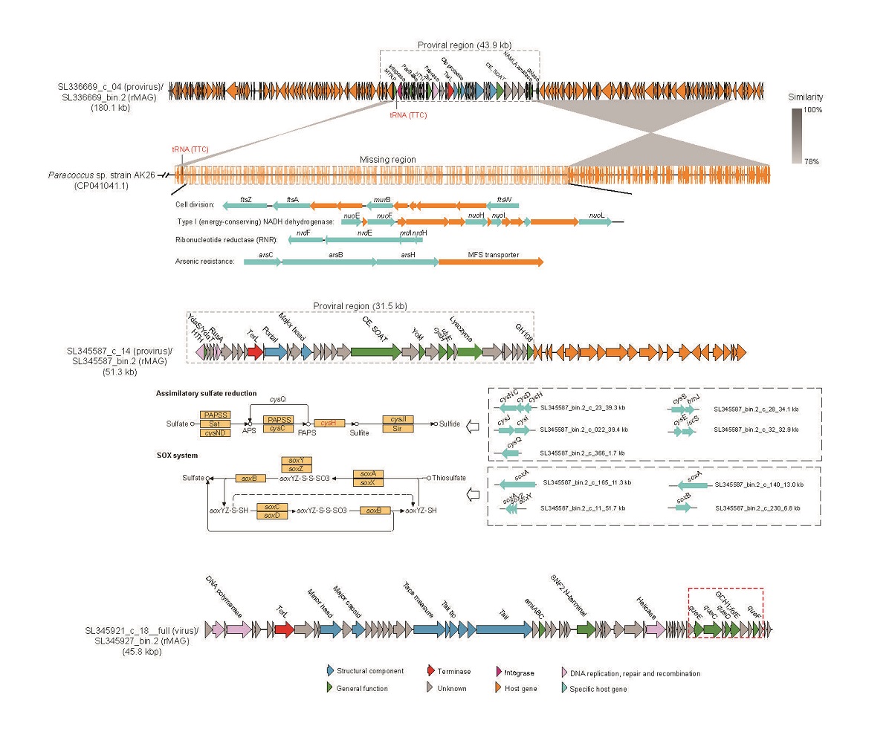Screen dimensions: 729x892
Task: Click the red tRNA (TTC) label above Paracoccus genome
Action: click(x=190, y=149)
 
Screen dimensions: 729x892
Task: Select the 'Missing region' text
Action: click(x=387, y=160)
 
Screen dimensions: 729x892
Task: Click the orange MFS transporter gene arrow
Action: click(x=491, y=262)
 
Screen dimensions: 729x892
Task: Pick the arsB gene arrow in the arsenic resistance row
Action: click(x=329, y=262)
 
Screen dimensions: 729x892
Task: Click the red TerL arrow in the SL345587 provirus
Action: click(x=254, y=353)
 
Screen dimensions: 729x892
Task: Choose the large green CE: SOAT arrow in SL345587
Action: click(x=375, y=353)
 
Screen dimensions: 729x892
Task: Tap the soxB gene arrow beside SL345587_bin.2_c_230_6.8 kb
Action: click(x=682, y=508)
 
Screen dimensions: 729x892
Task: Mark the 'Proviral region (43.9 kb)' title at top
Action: click(x=462, y=45)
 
